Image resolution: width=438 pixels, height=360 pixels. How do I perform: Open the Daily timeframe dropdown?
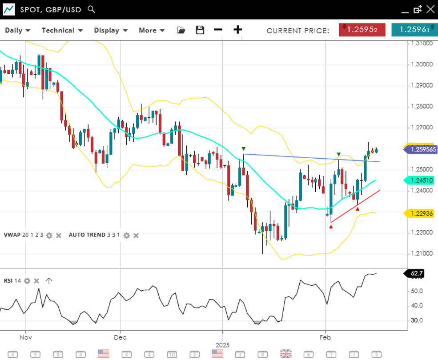point(17,30)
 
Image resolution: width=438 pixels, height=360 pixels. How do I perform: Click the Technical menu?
point(62,30)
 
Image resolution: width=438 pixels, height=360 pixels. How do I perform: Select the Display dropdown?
point(111,30)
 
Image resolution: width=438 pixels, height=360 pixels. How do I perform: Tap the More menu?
point(152,30)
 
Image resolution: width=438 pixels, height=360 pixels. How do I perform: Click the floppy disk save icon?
point(200,30)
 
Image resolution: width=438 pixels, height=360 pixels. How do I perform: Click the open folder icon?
point(181,30)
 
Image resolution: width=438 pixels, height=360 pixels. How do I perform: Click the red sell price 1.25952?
point(362,30)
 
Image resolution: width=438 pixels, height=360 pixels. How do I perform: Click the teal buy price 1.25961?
point(414,30)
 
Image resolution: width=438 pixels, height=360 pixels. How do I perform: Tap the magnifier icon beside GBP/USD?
point(91,9)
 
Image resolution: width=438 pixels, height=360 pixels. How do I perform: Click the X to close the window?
point(430,9)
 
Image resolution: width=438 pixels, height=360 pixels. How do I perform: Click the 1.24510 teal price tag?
point(420,180)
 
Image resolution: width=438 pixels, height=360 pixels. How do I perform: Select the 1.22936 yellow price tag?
point(420,214)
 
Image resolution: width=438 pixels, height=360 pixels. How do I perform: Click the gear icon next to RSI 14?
point(27,280)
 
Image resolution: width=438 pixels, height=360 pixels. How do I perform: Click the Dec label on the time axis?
point(120,337)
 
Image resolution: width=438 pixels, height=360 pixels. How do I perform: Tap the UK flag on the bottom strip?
point(285,354)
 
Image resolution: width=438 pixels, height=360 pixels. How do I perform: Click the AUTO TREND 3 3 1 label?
point(94,235)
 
